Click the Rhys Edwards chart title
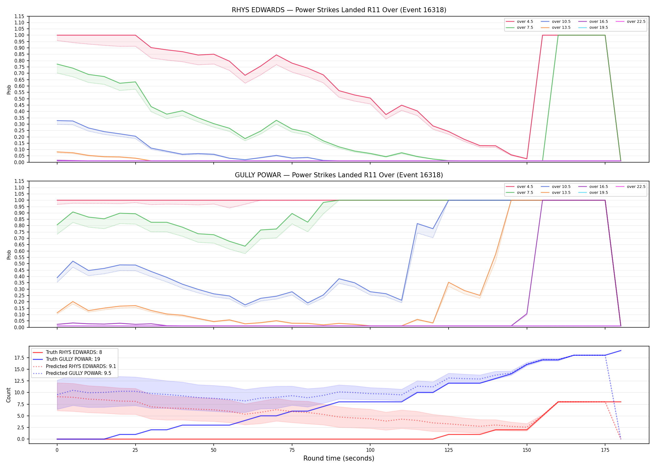339,10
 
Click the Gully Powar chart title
339,175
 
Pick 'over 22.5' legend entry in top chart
631,22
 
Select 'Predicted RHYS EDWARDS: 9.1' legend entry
74,366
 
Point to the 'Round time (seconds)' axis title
339,458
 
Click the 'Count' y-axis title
8,395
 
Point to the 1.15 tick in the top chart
20,16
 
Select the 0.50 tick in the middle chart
20,264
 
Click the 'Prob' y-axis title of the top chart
9,90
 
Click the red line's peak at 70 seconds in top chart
276,55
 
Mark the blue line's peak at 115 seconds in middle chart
417,224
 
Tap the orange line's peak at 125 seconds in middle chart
449,282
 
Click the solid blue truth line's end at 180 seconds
621,350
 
